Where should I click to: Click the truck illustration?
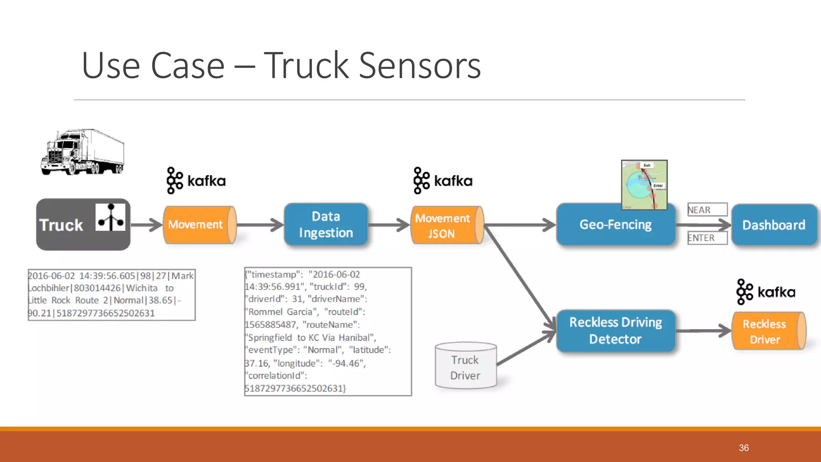tap(83, 152)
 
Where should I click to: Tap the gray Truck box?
tap(83, 225)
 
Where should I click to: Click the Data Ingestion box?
tap(326, 225)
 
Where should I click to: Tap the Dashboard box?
tap(774, 225)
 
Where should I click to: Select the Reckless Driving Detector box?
tap(615, 330)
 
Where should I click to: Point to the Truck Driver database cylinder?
tap(465, 366)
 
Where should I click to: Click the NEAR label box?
tap(707, 210)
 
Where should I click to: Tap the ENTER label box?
tap(707, 238)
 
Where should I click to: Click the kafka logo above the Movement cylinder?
tap(196, 181)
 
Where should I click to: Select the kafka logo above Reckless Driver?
tap(766, 292)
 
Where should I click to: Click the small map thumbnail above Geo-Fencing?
tap(644, 184)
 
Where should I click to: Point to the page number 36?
tap(744, 448)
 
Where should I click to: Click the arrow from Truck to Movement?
tap(147, 225)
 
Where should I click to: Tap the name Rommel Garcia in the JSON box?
tap(280, 312)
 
